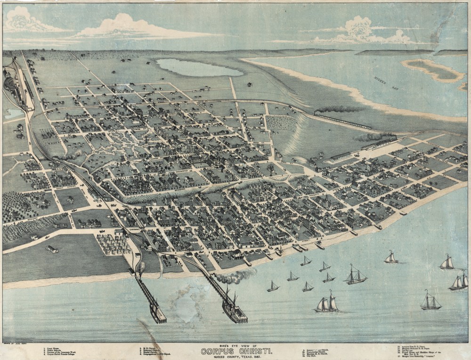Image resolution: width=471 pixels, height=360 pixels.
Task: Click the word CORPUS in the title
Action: [x=218, y=351]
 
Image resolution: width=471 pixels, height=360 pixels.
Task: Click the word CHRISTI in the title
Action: [x=253, y=351]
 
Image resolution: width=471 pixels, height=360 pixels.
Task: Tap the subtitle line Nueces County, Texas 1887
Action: [x=235, y=356]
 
